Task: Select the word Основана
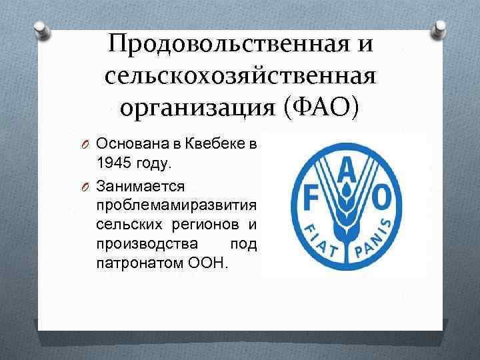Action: point(128,144)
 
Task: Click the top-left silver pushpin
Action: point(41,28)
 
